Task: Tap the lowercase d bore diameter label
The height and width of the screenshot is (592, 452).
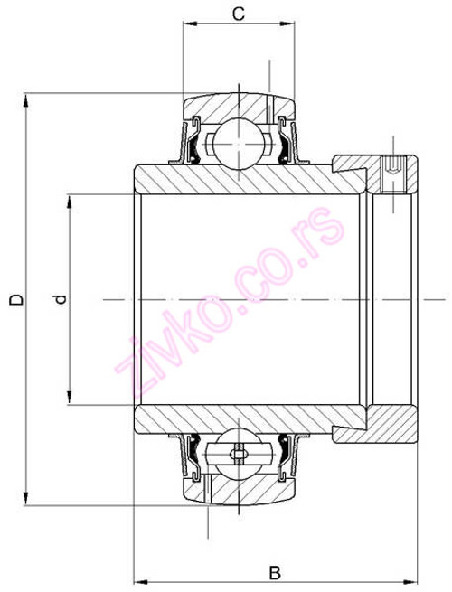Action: [x=59, y=299]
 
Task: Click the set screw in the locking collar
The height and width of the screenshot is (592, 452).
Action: [x=395, y=167]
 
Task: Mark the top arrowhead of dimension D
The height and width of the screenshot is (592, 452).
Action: [x=28, y=99]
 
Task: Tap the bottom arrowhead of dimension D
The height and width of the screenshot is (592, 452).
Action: [x=28, y=498]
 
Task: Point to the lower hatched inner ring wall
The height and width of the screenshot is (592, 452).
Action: [x=235, y=418]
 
